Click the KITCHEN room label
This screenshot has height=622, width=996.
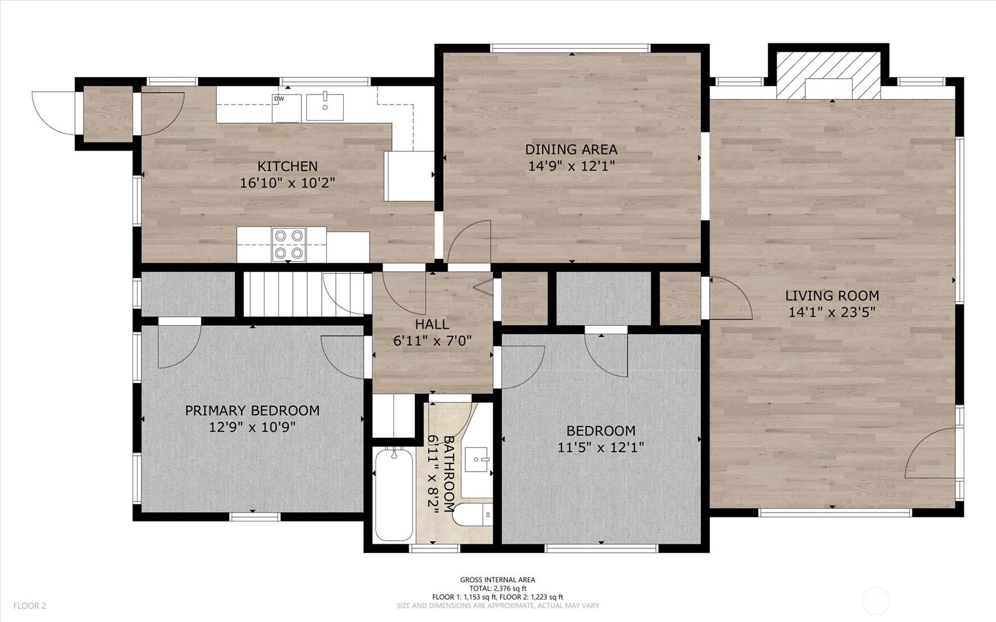point(287,167)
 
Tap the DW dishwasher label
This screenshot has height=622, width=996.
point(279,99)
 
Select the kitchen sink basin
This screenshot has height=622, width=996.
point(325,107)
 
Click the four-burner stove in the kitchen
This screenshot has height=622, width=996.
point(289,244)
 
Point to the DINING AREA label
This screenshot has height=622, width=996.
point(571,150)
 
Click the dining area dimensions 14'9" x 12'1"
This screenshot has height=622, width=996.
point(572,166)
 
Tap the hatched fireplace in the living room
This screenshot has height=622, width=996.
point(828,76)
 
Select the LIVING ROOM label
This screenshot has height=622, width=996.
point(832,296)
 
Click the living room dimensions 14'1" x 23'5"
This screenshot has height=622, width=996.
point(832,312)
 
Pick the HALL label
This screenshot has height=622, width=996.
point(432,325)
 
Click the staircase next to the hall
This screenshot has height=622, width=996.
point(304,294)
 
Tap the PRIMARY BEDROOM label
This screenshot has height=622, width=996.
point(252,410)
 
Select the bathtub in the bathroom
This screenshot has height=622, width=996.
point(394,494)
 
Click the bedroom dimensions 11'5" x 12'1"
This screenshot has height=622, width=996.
point(601,447)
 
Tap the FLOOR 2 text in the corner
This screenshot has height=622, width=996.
point(30,606)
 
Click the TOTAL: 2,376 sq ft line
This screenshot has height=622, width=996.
point(498,588)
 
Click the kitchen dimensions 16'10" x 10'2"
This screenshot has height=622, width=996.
point(287,183)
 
